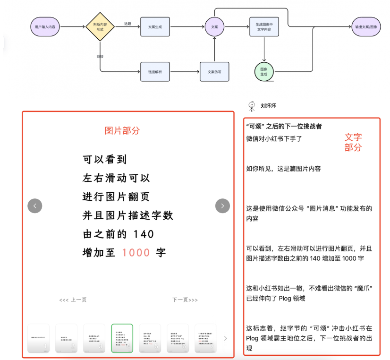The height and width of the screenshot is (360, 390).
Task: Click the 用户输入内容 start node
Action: [45, 27]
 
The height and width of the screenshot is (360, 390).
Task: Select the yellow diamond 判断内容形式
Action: [100, 27]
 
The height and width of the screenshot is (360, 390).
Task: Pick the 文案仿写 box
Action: [214, 71]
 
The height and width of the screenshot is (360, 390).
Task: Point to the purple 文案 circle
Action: [214, 27]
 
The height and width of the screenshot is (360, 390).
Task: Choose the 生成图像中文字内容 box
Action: [264, 27]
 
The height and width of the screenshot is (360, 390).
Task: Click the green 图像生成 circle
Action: [264, 71]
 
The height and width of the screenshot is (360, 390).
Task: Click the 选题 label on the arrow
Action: [127, 23]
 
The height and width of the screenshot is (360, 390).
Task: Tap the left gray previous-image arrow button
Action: [35, 206]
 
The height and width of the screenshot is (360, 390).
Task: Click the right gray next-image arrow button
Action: [222, 206]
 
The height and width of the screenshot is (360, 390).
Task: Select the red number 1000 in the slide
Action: [136, 252]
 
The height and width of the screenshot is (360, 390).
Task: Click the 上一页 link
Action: [73, 300]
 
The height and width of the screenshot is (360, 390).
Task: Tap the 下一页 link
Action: [185, 300]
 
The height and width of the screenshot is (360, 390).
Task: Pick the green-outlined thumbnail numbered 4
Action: [122, 338]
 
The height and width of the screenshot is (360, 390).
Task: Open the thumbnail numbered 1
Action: [39, 338]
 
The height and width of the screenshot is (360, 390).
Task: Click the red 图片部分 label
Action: [122, 130]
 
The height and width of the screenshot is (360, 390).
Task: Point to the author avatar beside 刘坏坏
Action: [251, 106]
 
